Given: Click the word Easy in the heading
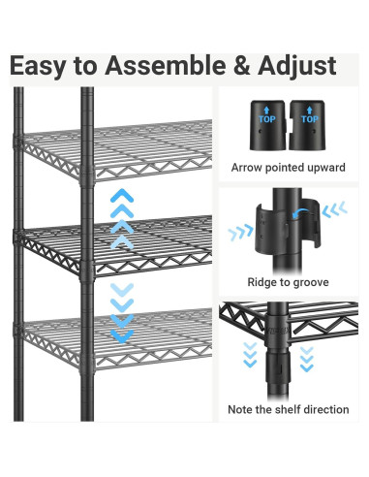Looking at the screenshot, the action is pyautogui.click(x=38, y=67).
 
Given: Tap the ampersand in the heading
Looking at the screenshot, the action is pyautogui.click(x=241, y=65).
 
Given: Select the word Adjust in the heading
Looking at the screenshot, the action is pyautogui.click(x=297, y=67).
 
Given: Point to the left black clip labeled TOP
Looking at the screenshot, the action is pyautogui.click(x=267, y=125).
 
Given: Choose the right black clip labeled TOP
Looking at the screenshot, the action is pyautogui.click(x=307, y=125).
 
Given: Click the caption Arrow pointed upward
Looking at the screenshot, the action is pyautogui.click(x=289, y=168).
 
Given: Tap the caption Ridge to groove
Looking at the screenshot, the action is pyautogui.click(x=288, y=282).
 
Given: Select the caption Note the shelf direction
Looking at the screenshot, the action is pyautogui.click(x=289, y=409).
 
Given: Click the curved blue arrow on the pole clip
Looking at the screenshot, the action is pyautogui.click(x=299, y=212).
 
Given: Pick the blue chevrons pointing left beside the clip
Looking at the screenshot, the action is pyautogui.click(x=335, y=209).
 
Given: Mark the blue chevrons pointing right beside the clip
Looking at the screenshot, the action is pyautogui.click(x=240, y=233).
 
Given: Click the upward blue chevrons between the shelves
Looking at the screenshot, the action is pyautogui.click(x=122, y=219).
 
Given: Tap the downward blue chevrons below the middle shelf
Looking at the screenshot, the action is pyautogui.click(x=122, y=313).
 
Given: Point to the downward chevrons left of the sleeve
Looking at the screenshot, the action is pyautogui.click(x=250, y=355).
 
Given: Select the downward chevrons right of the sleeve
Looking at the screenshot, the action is pyautogui.click(x=306, y=359).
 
